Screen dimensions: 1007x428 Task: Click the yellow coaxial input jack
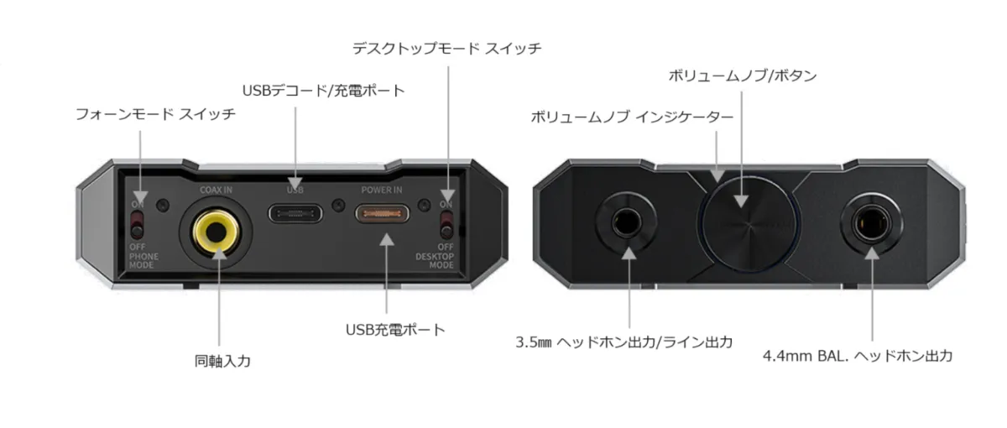217,232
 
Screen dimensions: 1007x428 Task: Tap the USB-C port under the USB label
295,213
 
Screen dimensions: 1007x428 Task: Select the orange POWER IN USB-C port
382,213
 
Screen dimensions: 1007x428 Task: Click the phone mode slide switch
137,225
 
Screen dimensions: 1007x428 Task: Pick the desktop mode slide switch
446,225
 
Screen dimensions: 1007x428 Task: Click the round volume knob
748,224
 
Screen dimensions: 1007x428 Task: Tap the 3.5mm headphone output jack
627,222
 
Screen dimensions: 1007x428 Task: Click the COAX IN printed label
217,191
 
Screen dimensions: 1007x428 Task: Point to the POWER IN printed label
382,191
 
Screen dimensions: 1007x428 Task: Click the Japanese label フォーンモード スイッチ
155,114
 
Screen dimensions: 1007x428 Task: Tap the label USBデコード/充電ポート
324,91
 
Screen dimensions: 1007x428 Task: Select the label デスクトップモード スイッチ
446,48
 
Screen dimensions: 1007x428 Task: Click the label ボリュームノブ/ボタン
742,76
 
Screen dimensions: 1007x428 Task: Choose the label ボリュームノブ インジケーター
632,117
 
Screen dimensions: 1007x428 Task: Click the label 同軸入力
222,361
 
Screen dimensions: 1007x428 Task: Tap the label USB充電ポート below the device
395,330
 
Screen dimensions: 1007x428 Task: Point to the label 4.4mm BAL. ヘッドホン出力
858,356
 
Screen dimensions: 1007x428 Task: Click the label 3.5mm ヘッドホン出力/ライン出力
624,342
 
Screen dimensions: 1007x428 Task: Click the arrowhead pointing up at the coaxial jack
219,253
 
